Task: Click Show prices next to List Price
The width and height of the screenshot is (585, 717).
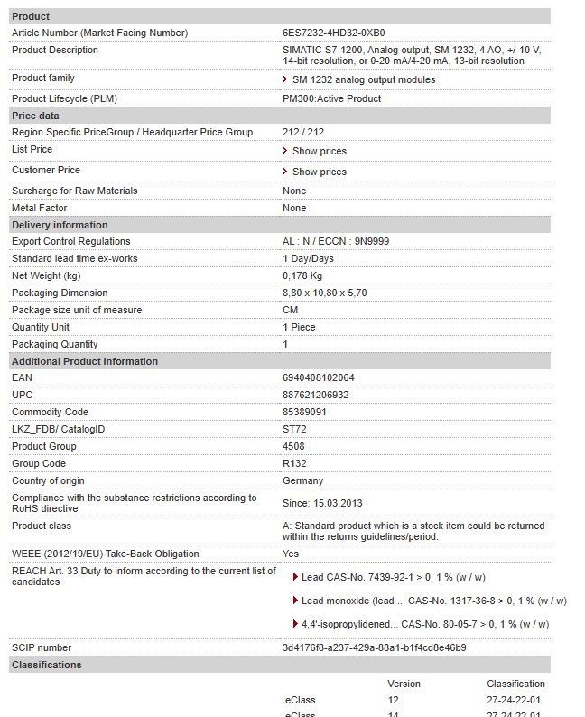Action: (x=319, y=151)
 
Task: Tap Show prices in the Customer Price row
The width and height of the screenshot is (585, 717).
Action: (x=319, y=172)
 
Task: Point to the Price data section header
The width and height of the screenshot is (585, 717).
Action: (x=35, y=116)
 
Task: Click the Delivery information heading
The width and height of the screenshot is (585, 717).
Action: (x=59, y=225)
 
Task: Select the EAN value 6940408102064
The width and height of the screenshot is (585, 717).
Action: (x=318, y=377)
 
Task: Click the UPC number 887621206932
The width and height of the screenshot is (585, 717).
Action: (x=315, y=395)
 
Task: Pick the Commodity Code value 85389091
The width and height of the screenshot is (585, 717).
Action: (x=304, y=412)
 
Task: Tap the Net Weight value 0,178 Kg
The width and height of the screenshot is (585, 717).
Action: (x=302, y=275)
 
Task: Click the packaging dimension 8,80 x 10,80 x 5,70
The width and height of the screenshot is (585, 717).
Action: (x=324, y=293)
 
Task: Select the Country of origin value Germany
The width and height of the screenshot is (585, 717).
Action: (x=302, y=480)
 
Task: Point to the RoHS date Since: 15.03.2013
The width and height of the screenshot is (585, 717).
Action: (x=322, y=503)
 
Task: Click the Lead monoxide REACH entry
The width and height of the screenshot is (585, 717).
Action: (x=433, y=601)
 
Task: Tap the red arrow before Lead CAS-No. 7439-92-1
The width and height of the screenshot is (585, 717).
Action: (x=294, y=577)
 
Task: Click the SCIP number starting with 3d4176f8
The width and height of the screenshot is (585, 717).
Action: (x=374, y=647)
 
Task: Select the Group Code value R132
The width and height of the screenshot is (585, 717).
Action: (x=294, y=463)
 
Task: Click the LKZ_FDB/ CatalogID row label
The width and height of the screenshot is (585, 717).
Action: (x=58, y=429)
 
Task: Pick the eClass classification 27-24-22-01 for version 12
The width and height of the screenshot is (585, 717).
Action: (x=514, y=700)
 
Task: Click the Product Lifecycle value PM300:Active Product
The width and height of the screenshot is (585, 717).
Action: (x=331, y=98)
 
